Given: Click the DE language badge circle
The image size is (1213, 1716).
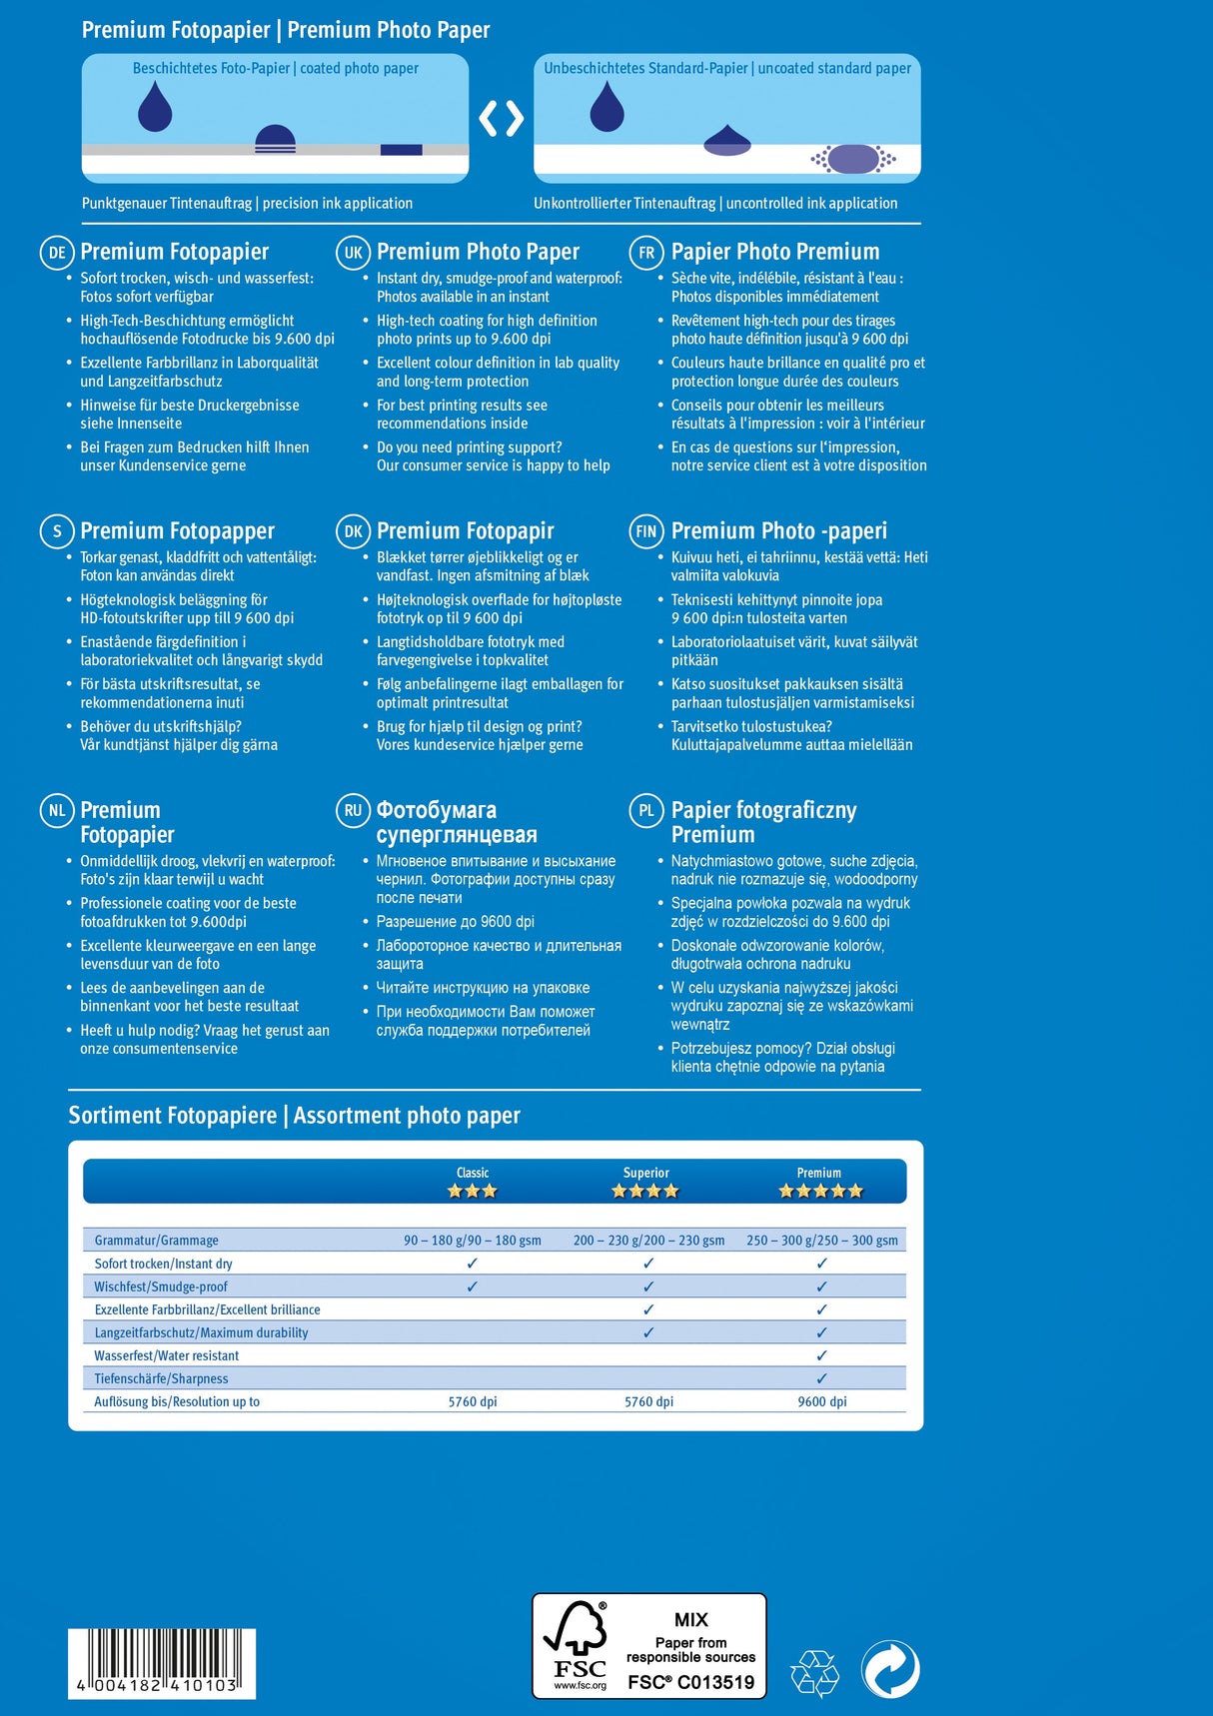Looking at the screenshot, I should (x=57, y=253).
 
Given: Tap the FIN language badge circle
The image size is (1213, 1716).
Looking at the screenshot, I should (x=645, y=531).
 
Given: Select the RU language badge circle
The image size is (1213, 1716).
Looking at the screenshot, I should (x=353, y=811).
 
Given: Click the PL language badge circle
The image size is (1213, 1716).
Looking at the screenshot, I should (x=645, y=811).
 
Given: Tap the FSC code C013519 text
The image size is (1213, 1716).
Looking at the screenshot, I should (x=690, y=1683).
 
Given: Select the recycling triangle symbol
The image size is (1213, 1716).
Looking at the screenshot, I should (x=815, y=1672).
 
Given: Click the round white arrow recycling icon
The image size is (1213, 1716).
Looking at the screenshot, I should (x=890, y=1669).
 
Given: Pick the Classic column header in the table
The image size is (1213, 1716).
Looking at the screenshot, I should (x=473, y=1173).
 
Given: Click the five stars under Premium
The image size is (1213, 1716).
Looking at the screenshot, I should (x=820, y=1191).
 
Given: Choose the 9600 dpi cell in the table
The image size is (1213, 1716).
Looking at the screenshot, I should (x=821, y=1401).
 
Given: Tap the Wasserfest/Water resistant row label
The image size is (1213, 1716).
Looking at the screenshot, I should (x=167, y=1355).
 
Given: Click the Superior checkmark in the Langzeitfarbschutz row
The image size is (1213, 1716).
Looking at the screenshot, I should (x=648, y=1332).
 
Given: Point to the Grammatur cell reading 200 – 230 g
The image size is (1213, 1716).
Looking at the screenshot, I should (x=648, y=1241).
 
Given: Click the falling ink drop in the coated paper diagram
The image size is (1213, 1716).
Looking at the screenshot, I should (x=155, y=107).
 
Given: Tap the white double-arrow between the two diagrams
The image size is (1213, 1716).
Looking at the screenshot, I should (x=501, y=119).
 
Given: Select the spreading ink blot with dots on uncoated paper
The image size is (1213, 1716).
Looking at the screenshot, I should (x=853, y=159).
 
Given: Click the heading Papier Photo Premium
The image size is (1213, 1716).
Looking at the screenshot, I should (x=775, y=252).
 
